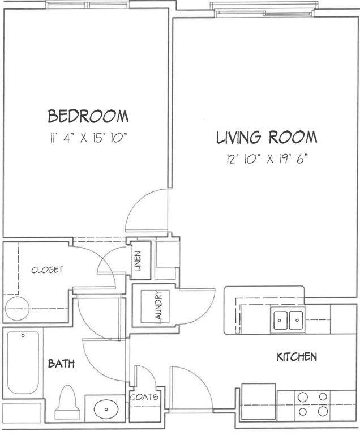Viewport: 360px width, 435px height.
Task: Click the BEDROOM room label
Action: [88, 116]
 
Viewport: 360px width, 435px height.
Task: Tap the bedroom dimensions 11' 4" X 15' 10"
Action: [88, 138]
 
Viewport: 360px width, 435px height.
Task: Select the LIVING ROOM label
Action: [267, 137]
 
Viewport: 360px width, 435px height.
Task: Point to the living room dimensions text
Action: [267, 159]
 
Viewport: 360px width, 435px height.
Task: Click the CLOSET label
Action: [47, 270]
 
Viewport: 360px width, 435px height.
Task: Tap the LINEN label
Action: [138, 261]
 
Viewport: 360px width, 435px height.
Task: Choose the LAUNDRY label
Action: [158, 307]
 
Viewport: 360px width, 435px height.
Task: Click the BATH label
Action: [61, 363]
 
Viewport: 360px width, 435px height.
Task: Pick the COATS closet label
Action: [144, 397]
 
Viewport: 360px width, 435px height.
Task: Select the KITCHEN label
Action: [297, 357]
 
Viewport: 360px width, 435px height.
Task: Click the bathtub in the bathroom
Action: [23, 363]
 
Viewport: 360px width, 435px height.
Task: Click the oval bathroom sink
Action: [106, 408]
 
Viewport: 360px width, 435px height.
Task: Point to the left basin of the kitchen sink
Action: [280, 320]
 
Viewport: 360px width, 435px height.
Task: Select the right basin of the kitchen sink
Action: [296, 320]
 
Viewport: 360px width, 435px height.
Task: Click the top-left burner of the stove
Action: [303, 397]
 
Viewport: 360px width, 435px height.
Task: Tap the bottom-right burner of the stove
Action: [323, 411]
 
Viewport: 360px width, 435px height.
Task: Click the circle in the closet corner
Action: [17, 309]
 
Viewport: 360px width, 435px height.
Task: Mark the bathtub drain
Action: [23, 335]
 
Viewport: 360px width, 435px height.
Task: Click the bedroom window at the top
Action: [88, 5]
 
